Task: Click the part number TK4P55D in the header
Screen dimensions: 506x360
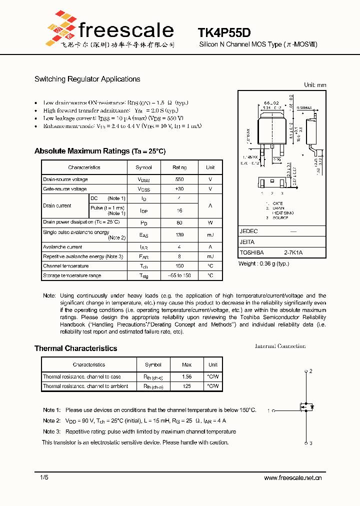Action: click(x=223, y=33)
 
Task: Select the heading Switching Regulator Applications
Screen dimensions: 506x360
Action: click(x=87, y=79)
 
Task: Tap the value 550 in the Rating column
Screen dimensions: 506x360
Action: click(x=179, y=179)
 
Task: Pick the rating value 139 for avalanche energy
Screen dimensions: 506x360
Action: click(x=179, y=234)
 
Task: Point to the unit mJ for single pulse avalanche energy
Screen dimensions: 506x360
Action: click(x=210, y=234)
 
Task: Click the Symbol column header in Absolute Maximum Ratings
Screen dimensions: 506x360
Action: click(x=143, y=167)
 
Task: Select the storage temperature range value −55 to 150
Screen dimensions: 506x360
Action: click(x=179, y=275)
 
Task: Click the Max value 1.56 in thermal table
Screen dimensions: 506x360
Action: click(x=186, y=376)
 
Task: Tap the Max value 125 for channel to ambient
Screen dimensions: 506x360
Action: click(x=186, y=386)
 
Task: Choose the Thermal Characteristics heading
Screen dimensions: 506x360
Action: click(x=75, y=348)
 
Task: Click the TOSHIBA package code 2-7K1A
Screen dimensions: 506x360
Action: click(x=293, y=253)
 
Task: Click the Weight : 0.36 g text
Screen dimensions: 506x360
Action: click(x=264, y=263)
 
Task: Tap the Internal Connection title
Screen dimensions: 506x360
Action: click(x=280, y=346)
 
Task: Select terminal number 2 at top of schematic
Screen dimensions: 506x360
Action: click(x=310, y=371)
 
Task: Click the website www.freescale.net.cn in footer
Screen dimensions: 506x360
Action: click(x=292, y=478)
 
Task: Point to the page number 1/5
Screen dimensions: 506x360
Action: click(x=44, y=478)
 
